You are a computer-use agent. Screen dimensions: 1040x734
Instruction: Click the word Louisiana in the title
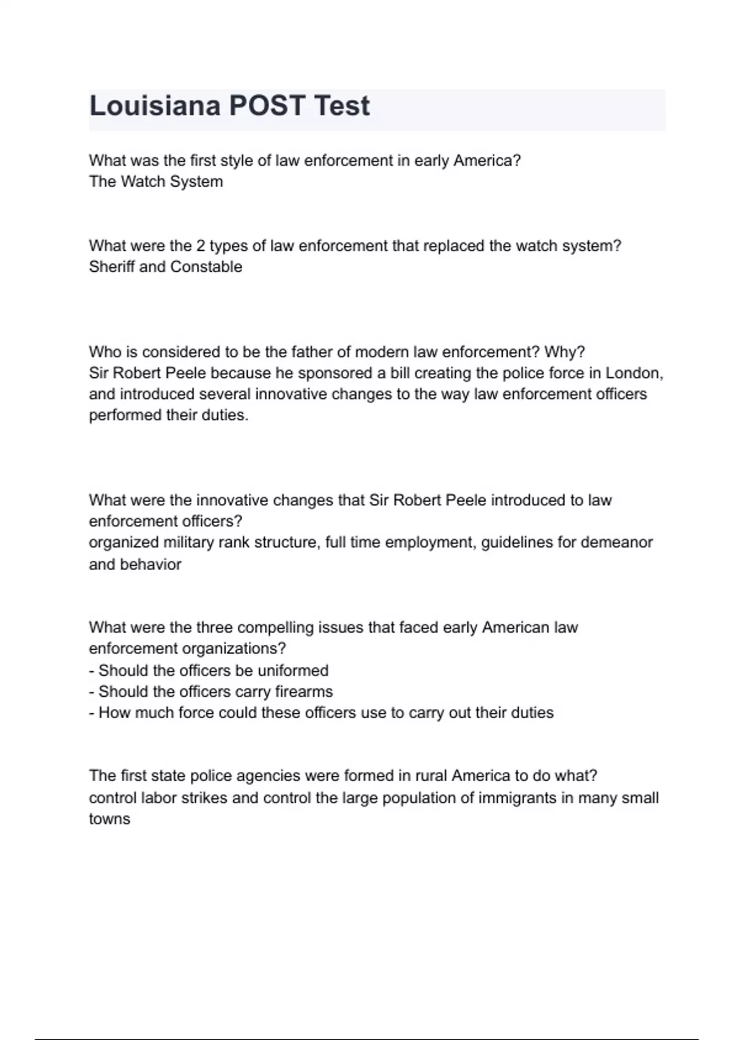pyautogui.click(x=155, y=106)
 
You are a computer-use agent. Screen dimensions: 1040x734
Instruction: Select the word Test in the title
pyautogui.click(x=341, y=106)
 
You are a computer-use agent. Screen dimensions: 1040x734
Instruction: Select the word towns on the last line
pyautogui.click(x=109, y=819)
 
